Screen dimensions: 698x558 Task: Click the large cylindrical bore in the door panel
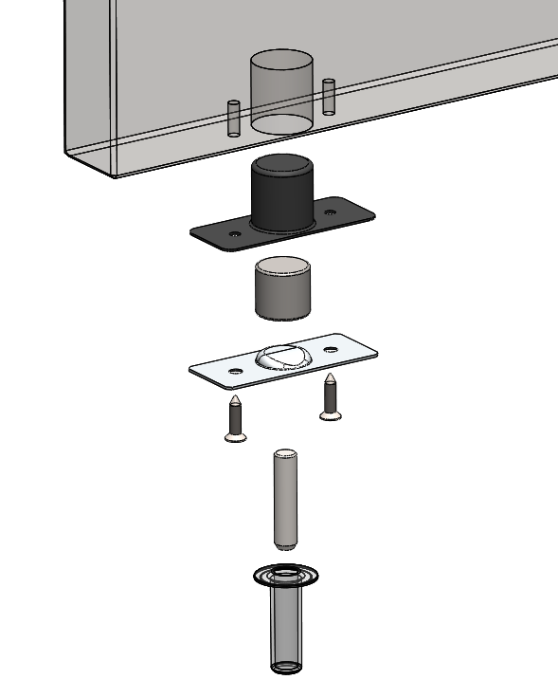[280, 91]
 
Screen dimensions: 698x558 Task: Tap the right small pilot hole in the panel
[329, 97]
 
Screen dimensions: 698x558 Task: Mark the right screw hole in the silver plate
[331, 351]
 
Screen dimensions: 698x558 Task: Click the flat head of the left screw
[234, 436]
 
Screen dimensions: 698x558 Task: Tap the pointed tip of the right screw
[330, 377]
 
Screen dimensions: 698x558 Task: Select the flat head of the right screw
[331, 414]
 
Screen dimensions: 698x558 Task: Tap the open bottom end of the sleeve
[285, 666]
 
